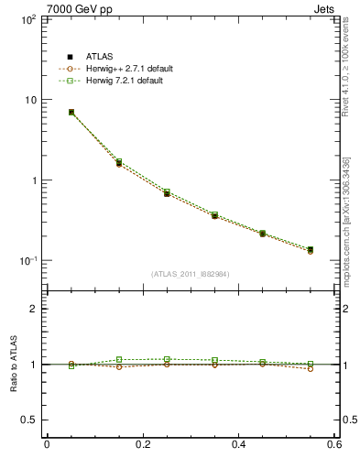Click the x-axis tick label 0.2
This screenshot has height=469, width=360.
(x=143, y=444)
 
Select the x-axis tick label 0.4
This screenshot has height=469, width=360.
(x=239, y=444)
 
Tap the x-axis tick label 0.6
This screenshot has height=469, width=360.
(x=334, y=444)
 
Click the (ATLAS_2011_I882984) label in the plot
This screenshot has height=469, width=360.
(x=191, y=274)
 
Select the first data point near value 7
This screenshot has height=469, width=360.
(x=71, y=112)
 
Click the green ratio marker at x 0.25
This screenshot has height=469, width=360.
(x=167, y=359)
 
